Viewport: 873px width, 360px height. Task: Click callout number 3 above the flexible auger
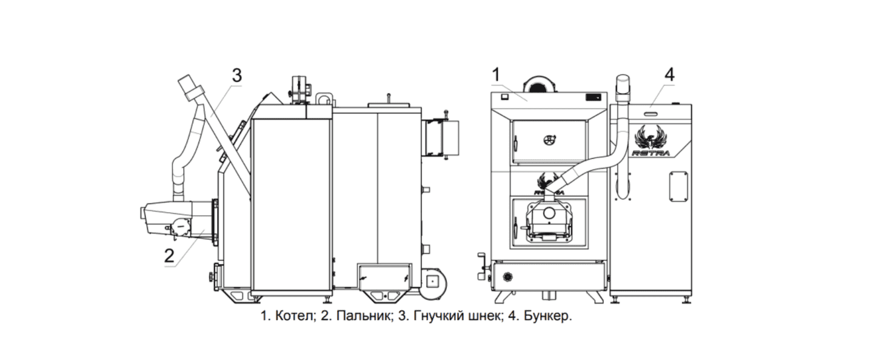236,76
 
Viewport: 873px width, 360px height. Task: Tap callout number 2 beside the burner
169,256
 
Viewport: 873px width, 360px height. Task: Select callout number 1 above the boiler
496,75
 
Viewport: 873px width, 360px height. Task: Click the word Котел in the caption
295,316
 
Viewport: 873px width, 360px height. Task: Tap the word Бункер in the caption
547,316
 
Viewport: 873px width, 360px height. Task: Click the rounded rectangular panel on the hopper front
678,187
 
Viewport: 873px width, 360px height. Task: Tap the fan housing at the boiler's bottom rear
433,282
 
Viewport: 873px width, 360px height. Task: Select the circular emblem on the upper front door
549,140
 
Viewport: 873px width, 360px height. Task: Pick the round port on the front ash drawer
508,277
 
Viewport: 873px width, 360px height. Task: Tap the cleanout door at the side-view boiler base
384,277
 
